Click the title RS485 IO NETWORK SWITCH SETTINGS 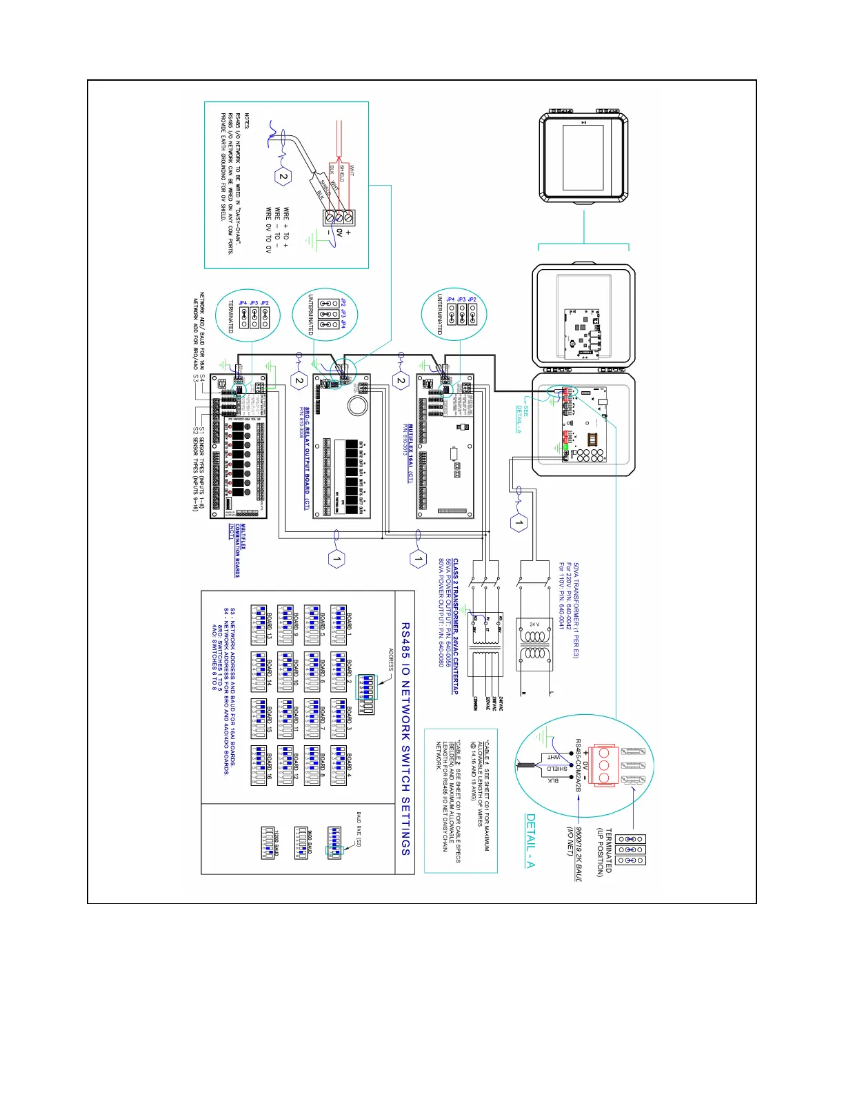click(405, 739)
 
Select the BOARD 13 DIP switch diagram click(259, 626)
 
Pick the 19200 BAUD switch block click(269, 843)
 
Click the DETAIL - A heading click(531, 840)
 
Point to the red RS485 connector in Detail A click(605, 764)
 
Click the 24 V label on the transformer click(534, 624)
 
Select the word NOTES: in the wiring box click(247, 121)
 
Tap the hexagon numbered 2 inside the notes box click(283, 177)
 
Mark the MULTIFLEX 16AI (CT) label click(410, 453)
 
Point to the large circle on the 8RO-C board click(356, 405)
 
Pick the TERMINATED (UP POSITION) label click(604, 851)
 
